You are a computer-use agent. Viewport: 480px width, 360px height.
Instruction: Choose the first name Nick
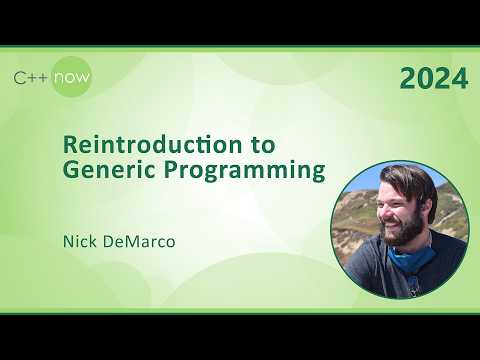click(79, 241)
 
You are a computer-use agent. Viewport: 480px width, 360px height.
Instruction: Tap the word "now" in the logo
click(72, 77)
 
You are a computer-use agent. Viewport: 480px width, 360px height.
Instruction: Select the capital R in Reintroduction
click(69, 143)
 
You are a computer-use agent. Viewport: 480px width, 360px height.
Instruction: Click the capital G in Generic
click(71, 171)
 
